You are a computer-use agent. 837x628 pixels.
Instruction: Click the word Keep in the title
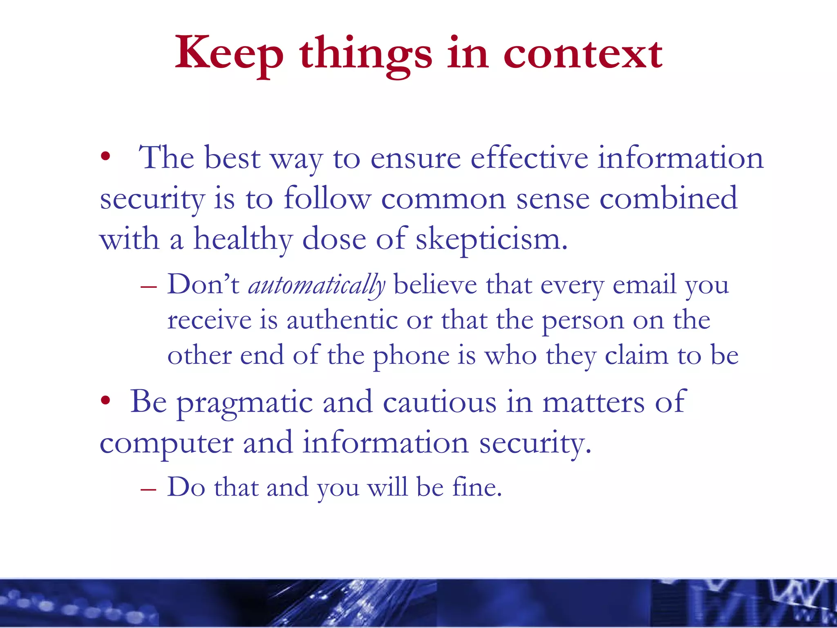click(229, 53)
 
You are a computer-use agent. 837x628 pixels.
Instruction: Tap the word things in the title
click(365, 55)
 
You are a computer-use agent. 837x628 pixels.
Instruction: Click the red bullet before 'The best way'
click(106, 156)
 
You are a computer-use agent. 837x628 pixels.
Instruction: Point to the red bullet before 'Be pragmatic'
click(106, 400)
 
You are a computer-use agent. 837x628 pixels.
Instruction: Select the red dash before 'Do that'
click(148, 489)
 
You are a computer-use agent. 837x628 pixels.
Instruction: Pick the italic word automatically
click(317, 285)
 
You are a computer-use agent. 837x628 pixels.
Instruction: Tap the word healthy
click(243, 240)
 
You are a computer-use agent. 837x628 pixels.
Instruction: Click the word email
click(644, 285)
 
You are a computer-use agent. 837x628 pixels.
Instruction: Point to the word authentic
click(342, 320)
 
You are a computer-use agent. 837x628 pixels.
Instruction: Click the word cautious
click(439, 402)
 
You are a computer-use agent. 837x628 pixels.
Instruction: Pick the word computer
click(166, 444)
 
